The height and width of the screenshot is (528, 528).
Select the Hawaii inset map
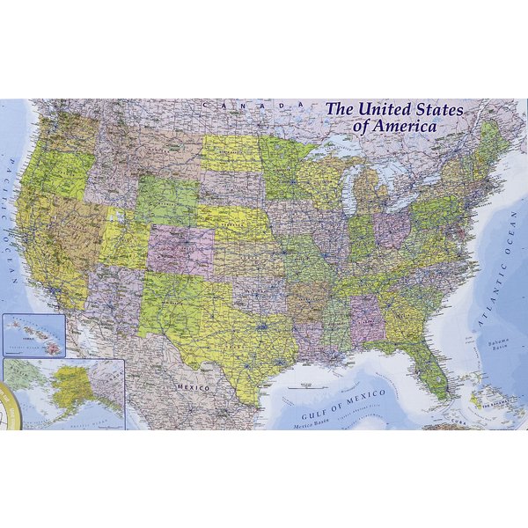33,334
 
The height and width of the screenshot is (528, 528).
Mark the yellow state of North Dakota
231,152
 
